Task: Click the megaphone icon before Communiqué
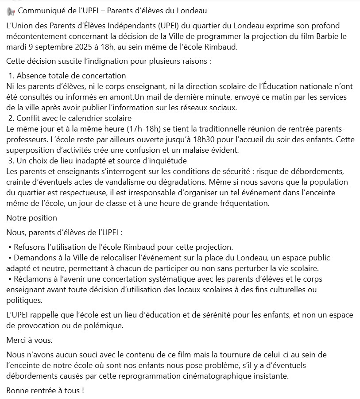(11, 10)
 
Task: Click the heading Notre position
(32, 217)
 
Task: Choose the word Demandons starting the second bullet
(34, 258)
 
